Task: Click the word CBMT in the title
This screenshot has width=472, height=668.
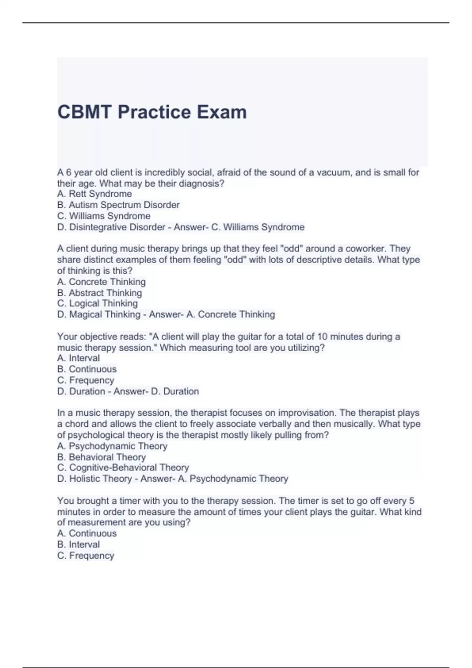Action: (84, 112)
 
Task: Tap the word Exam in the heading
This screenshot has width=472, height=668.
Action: (222, 112)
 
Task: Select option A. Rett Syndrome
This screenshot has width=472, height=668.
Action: (94, 194)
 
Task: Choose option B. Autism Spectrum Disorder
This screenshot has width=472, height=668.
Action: (118, 205)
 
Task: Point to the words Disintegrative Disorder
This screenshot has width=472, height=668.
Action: (117, 227)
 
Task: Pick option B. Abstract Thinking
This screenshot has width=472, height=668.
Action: (100, 293)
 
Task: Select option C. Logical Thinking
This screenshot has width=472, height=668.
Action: (98, 303)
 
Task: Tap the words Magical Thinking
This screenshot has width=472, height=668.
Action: (105, 314)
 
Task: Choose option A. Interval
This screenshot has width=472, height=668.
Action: (78, 358)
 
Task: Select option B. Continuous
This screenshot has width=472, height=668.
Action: (87, 369)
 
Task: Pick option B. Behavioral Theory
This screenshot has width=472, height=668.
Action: (101, 457)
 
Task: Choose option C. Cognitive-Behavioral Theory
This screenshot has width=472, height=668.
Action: (123, 468)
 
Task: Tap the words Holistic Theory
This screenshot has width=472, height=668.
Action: (100, 479)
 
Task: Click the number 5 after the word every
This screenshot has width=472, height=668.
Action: (412, 501)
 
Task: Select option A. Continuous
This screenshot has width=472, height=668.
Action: (87, 533)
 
